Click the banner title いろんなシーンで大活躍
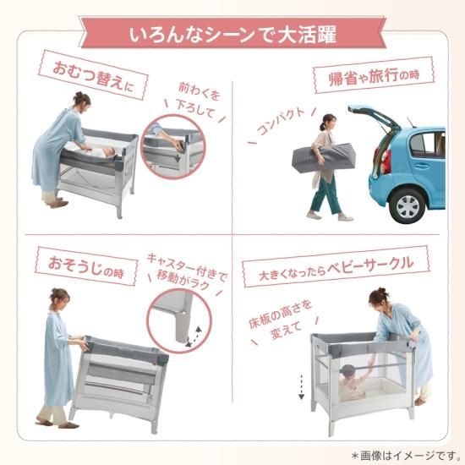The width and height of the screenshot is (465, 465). [x=232, y=36]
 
